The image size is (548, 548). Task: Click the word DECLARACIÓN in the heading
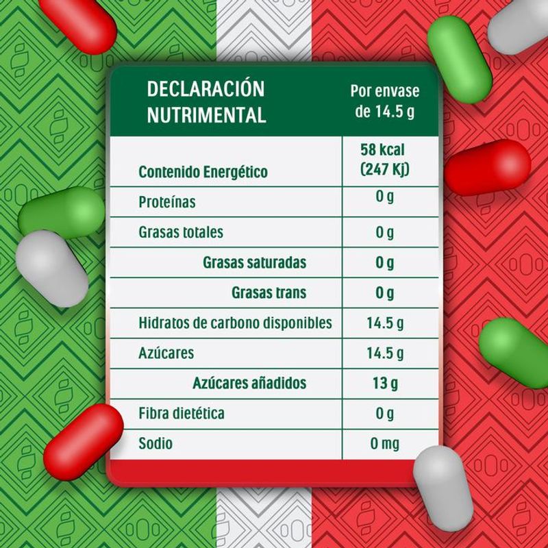(206, 88)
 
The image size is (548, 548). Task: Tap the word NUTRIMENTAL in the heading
(206, 114)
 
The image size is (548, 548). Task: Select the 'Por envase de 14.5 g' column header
(385, 101)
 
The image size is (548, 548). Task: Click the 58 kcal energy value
(385, 150)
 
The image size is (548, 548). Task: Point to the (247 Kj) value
(385, 169)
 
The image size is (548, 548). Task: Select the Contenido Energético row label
(203, 172)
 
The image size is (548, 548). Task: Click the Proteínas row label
(167, 202)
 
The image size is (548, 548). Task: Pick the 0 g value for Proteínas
(385, 199)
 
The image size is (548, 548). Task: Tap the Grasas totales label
(181, 232)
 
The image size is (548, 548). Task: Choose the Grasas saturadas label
(254, 262)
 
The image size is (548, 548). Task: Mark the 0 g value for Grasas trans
(385, 293)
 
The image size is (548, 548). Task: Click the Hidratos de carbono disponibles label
(235, 323)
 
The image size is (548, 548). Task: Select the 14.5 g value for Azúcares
(385, 353)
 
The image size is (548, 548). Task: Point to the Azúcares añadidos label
(249, 383)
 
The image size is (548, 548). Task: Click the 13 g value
(385, 383)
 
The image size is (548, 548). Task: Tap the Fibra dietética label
(181, 413)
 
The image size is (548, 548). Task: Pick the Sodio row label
(155, 443)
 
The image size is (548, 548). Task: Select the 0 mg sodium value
(385, 444)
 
